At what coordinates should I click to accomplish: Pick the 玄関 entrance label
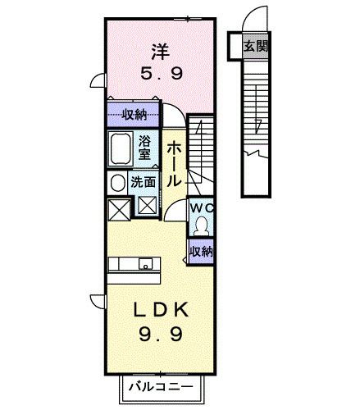point(255,47)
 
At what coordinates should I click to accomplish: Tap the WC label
point(201,209)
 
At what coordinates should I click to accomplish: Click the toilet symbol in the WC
point(201,225)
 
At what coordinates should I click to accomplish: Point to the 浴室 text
point(144,148)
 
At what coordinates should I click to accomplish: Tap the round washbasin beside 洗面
point(119,182)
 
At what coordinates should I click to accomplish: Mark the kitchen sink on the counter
point(144,264)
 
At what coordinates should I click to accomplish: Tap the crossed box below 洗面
point(148,207)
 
